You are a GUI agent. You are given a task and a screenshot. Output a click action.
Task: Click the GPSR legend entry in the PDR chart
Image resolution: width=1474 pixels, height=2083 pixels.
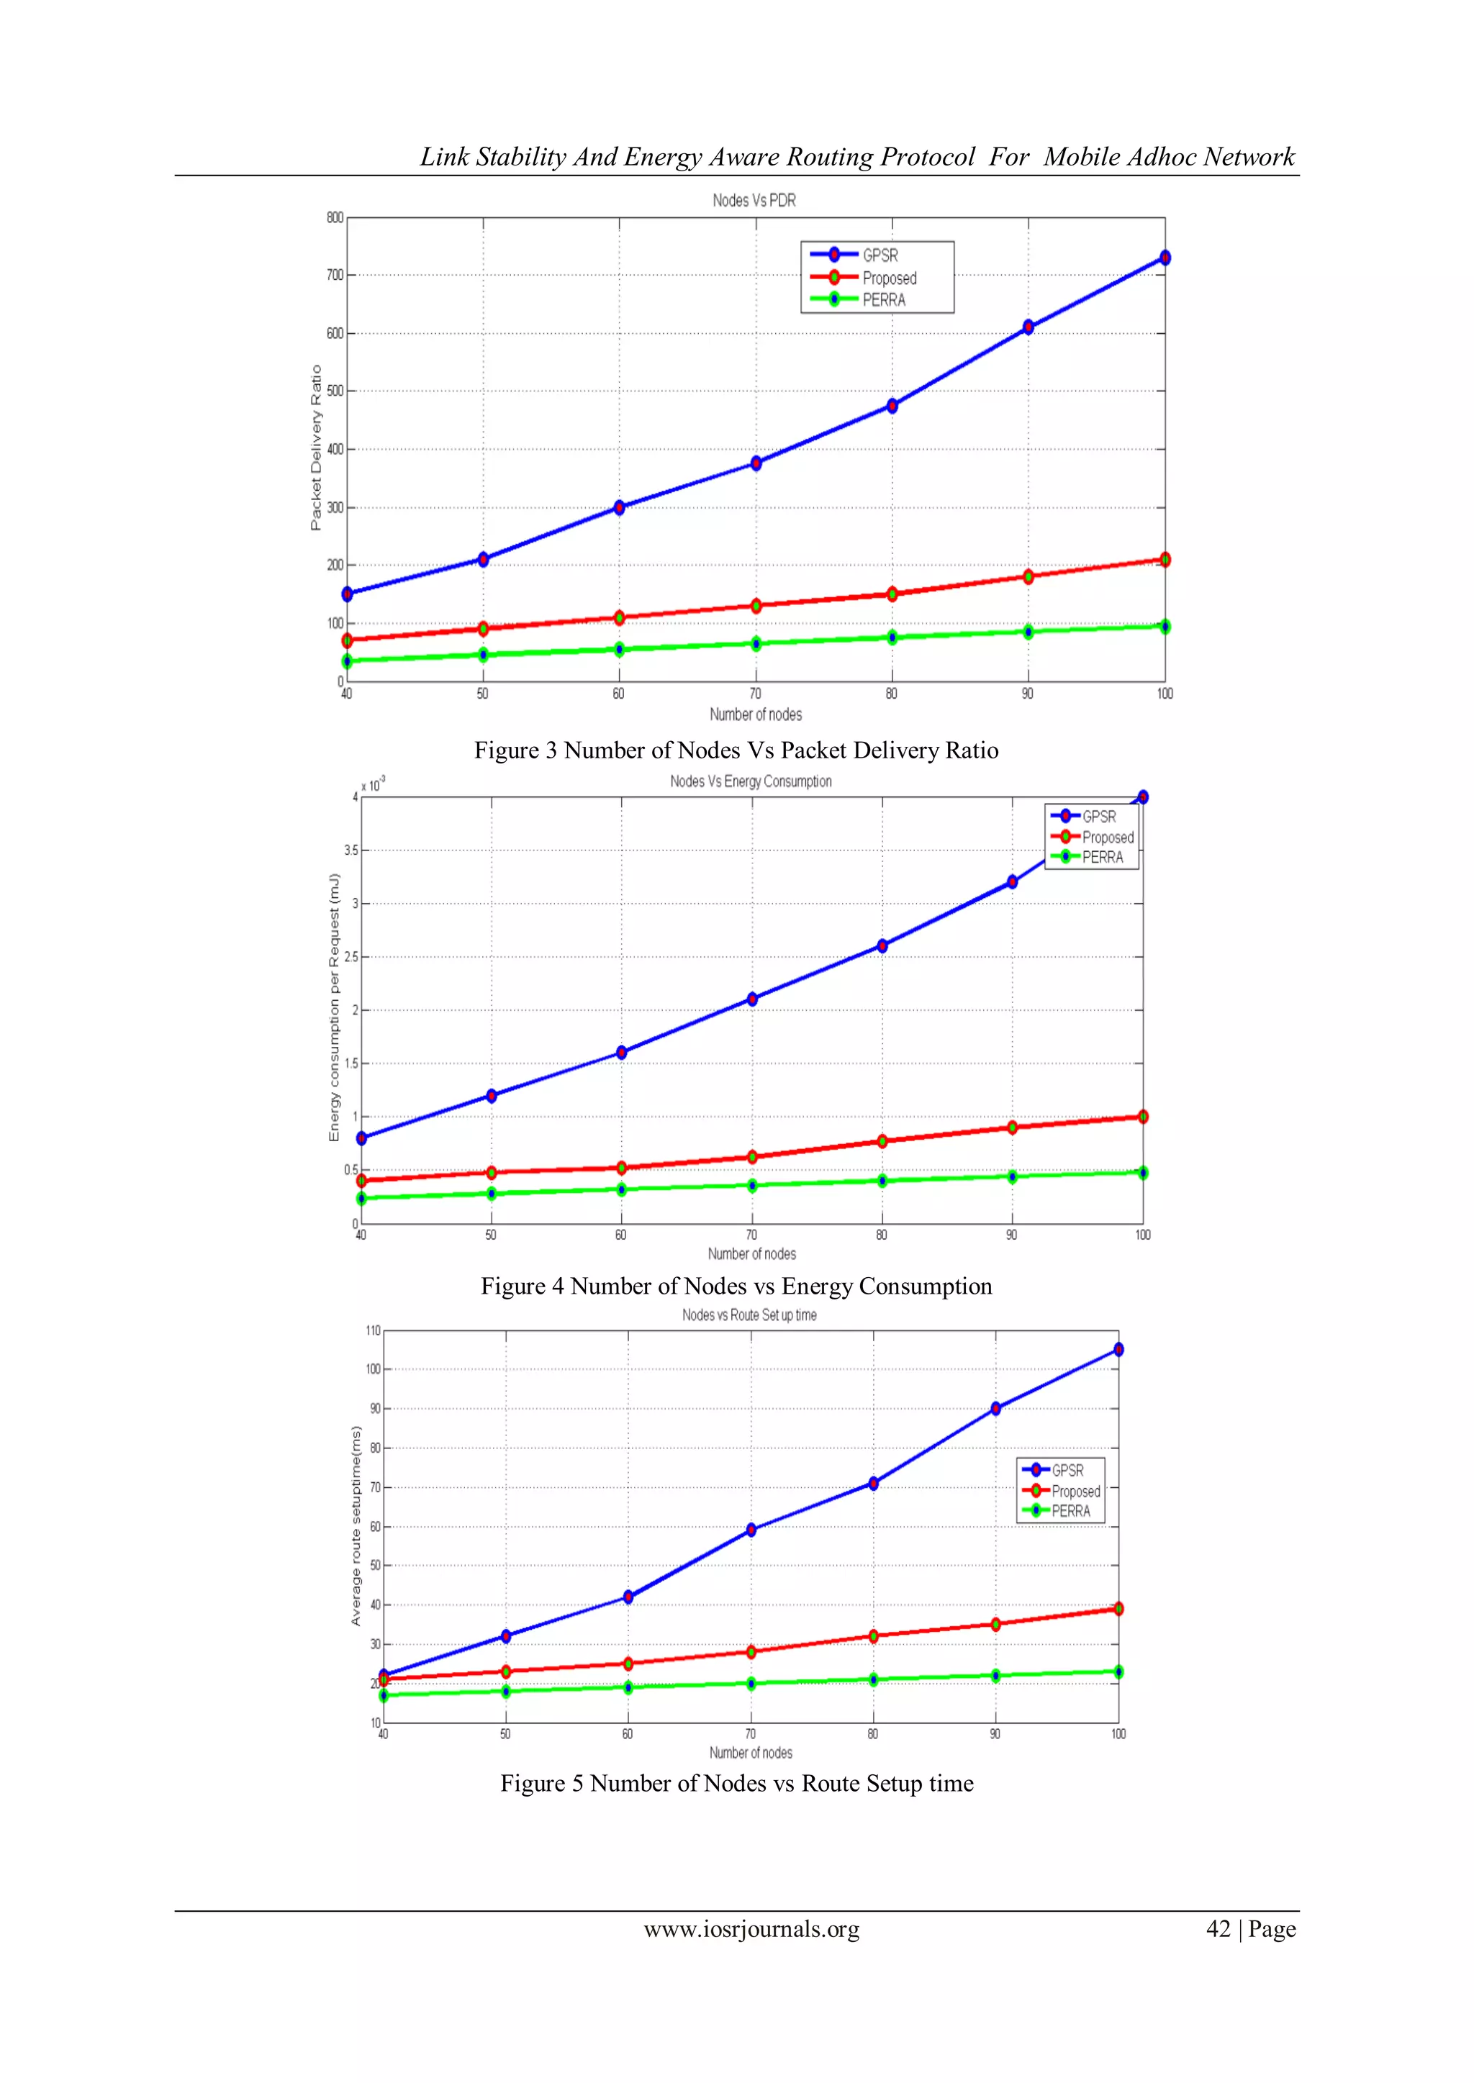879,255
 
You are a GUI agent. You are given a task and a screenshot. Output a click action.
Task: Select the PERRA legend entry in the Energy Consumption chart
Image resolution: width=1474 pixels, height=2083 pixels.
1102,858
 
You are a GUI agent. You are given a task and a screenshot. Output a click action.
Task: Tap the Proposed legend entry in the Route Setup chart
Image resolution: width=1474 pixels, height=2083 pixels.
1075,1492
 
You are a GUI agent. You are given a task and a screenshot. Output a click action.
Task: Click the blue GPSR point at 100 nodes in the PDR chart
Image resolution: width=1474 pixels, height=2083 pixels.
1165,258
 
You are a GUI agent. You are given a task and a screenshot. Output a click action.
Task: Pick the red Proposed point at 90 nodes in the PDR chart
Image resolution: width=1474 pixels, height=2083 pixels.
1028,576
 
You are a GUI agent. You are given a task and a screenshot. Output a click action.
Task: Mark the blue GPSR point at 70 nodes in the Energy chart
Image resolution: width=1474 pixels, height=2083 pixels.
751,999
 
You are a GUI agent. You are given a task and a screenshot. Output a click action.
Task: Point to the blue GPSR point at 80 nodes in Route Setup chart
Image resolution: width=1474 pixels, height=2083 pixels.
873,1484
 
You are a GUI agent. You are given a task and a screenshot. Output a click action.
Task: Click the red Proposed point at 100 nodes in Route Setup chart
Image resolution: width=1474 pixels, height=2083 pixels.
1118,1609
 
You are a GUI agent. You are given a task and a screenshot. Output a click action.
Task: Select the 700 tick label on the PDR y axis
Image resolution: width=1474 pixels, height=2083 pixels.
335,275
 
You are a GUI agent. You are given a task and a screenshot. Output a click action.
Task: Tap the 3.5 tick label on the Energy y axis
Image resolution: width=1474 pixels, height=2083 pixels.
351,850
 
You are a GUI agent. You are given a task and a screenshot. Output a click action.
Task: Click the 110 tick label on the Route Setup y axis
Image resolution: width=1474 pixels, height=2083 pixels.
373,1331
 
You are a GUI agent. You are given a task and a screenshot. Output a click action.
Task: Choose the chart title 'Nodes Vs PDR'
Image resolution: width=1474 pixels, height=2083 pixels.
754,201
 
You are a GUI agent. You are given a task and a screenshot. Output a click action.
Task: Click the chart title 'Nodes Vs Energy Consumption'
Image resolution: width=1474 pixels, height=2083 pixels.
751,781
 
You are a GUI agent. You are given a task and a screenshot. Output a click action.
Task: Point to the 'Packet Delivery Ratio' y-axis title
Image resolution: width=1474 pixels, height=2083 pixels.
316,448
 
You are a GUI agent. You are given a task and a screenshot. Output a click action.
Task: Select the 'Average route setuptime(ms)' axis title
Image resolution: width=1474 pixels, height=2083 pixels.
356,1525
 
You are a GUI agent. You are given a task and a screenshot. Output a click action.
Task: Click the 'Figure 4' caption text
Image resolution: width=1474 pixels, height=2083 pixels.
521,1286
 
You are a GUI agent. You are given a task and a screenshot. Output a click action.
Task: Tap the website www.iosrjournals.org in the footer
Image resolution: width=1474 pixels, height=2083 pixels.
751,1929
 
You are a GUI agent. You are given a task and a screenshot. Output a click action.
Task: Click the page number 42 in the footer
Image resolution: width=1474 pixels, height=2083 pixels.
1218,1929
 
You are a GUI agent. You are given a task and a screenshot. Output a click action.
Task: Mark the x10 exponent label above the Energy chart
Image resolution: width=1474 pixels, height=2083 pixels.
373,784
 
